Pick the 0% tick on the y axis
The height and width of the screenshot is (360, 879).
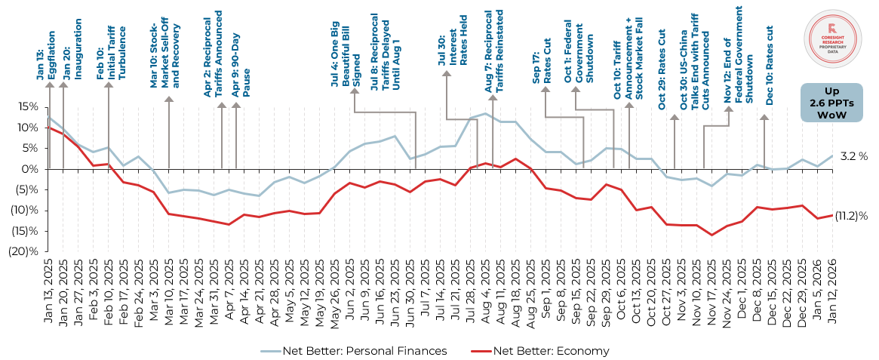point(29,169)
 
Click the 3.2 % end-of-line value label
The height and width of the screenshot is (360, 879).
point(853,156)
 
